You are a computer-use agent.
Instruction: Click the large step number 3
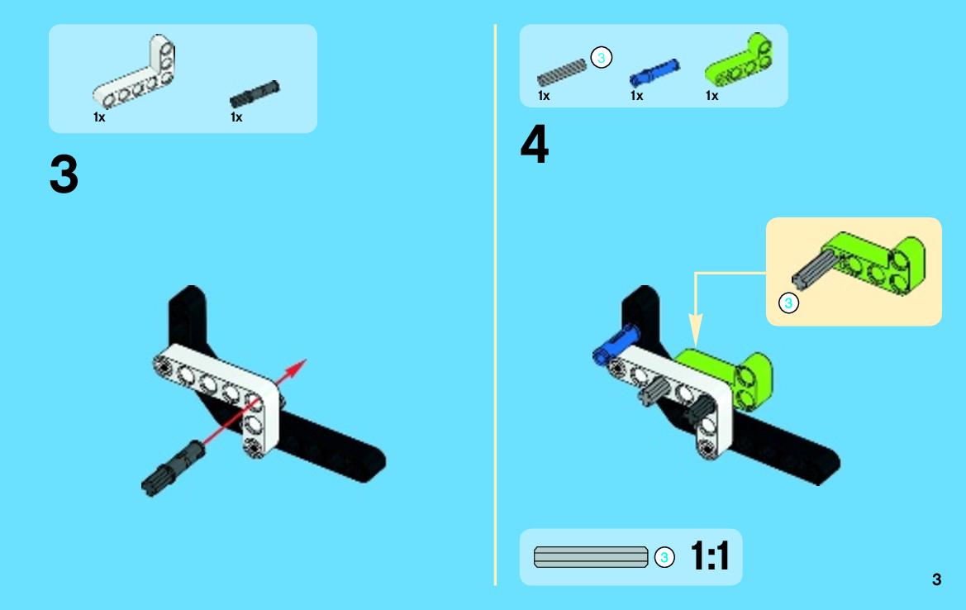[x=64, y=174]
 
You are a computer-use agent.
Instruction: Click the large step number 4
[x=534, y=144]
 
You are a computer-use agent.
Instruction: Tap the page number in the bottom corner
[x=936, y=579]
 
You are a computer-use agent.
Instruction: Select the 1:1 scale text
[x=710, y=555]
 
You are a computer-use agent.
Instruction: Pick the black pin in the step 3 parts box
[x=255, y=93]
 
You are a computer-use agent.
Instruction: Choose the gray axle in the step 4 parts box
[x=561, y=73]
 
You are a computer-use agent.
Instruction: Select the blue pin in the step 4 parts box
[x=654, y=72]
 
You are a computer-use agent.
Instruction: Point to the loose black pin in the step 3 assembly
[x=173, y=469]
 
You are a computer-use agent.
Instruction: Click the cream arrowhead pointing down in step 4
[x=696, y=330]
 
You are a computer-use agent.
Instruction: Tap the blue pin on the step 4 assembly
[x=615, y=345]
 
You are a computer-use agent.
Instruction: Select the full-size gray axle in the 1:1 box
[x=591, y=557]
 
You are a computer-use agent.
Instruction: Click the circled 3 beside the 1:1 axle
[x=664, y=558]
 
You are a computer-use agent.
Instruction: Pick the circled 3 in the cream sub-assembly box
[x=788, y=303]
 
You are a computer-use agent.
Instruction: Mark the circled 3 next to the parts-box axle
[x=602, y=58]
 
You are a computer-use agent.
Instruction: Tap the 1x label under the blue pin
[x=636, y=96]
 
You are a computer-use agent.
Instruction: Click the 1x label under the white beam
[x=99, y=117]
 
